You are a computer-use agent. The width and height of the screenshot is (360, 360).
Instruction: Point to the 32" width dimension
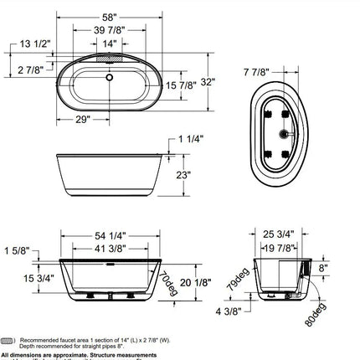point(220,82)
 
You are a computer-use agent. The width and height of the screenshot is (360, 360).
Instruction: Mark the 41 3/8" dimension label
point(109,249)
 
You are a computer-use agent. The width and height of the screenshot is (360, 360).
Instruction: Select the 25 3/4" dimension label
point(287,235)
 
